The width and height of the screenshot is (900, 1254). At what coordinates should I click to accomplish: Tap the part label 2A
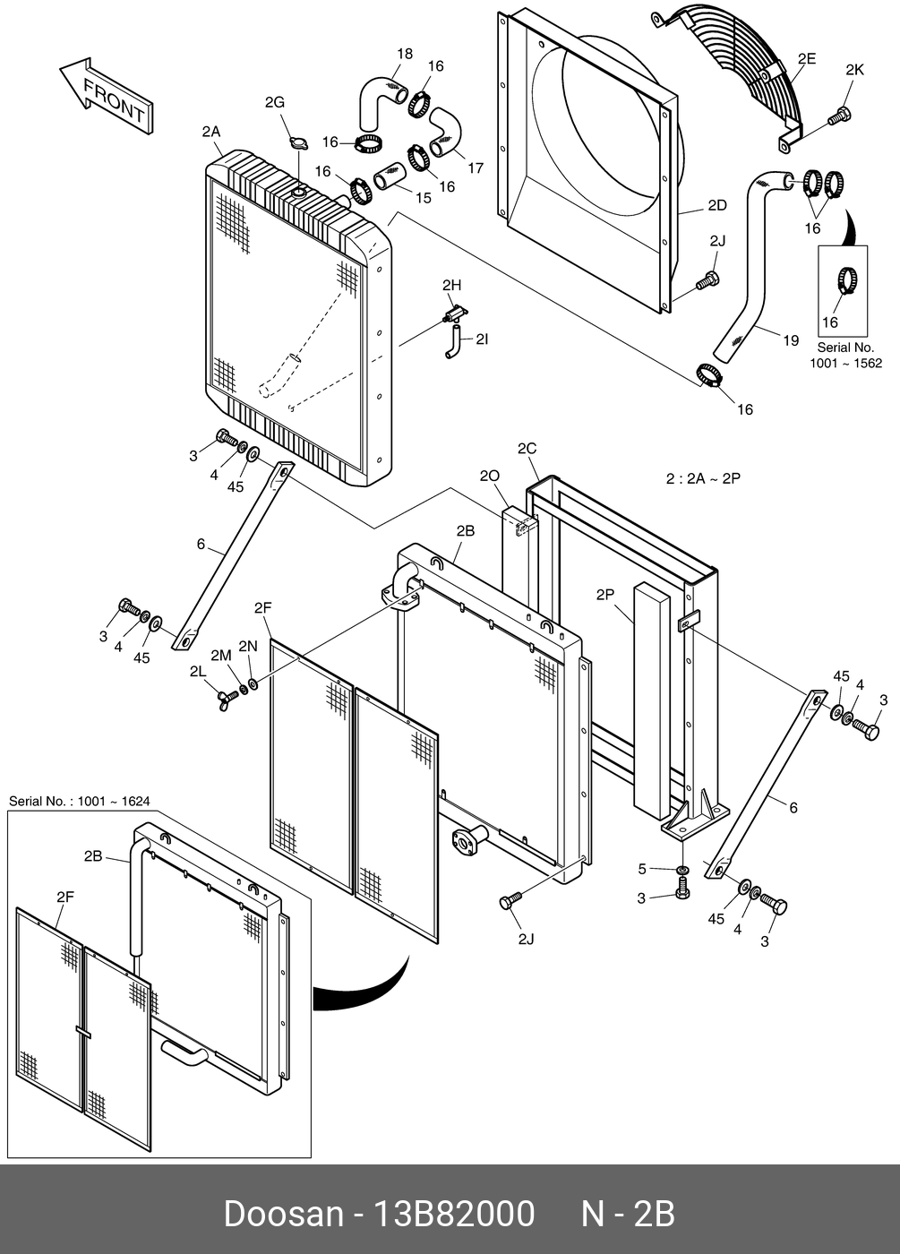point(210,132)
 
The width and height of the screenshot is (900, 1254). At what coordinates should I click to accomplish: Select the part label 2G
point(274,103)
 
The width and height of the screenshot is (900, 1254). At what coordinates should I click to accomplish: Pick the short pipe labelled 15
point(391,176)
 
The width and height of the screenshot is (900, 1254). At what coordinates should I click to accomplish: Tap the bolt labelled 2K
point(839,116)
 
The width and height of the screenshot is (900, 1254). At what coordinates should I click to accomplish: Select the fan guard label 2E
point(806,59)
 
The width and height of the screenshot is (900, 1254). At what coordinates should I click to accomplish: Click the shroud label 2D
point(716,205)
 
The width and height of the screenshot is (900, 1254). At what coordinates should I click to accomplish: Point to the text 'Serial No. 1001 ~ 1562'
point(845,355)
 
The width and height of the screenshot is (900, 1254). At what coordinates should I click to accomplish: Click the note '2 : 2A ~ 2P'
point(703,478)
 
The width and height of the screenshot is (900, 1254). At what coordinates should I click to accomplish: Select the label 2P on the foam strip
point(605,594)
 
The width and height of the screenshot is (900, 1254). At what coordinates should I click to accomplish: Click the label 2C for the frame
point(527,448)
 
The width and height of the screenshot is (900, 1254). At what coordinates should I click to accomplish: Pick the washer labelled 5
point(681,870)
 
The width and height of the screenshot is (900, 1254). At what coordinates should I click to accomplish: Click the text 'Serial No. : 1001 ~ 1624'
point(79,801)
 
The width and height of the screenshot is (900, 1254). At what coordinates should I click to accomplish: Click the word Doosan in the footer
point(283,1214)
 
